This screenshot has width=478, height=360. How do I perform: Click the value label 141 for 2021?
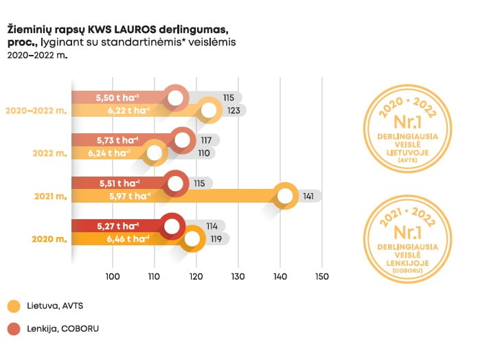point(308,196)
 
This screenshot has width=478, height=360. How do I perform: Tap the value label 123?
point(232,110)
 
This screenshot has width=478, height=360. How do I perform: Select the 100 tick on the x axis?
point(113,277)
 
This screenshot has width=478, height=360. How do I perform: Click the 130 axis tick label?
point(238,277)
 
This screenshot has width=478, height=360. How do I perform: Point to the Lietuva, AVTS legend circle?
point(14,306)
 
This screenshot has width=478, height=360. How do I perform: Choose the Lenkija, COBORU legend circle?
point(14,329)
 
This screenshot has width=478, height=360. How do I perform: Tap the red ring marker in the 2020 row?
point(172,226)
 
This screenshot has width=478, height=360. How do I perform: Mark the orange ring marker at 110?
point(156,153)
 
